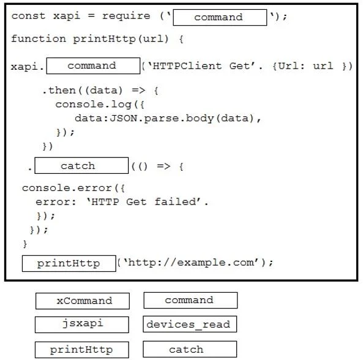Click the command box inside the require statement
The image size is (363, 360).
(x=220, y=17)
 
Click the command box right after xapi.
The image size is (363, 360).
(x=93, y=66)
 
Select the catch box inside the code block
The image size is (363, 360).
(x=81, y=165)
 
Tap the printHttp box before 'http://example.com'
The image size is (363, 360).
(x=69, y=263)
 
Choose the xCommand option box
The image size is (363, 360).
(x=83, y=301)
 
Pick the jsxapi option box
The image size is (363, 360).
(x=82, y=324)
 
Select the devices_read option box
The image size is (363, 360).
(x=190, y=324)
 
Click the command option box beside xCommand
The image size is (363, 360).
(x=190, y=300)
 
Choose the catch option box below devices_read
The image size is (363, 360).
(x=190, y=349)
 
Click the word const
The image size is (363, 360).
(x=28, y=16)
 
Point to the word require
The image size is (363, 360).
(x=126, y=17)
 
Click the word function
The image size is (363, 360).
(x=39, y=39)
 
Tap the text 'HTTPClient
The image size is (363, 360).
(x=185, y=66)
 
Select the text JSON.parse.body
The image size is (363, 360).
(x=162, y=118)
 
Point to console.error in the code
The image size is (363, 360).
(x=67, y=188)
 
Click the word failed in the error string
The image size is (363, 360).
(x=175, y=201)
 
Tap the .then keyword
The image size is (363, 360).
(x=59, y=90)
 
